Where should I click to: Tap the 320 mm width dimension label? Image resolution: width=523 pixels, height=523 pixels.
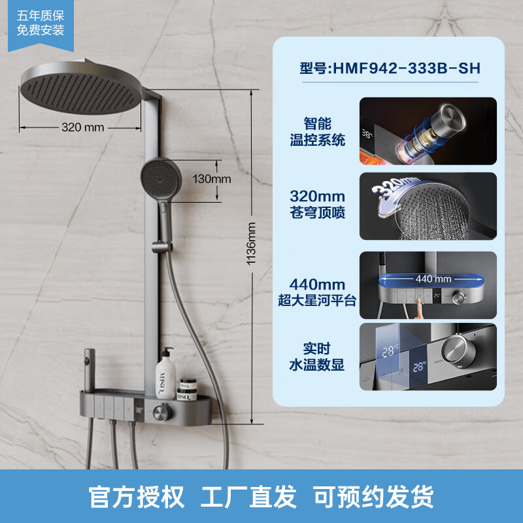click(x=82, y=127)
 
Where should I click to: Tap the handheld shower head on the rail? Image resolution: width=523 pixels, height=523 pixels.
click(x=159, y=178)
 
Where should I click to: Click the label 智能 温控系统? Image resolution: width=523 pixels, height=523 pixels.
click(x=317, y=131)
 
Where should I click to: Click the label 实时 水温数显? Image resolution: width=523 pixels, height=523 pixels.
click(x=317, y=357)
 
